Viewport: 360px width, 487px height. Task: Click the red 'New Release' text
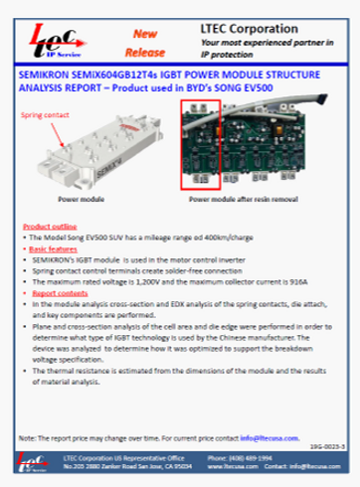143,38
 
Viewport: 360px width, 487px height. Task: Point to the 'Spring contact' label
40,116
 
